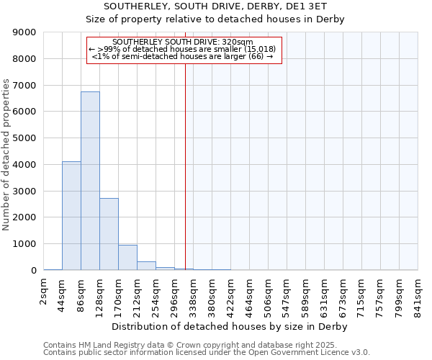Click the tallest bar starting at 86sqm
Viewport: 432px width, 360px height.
[x=90, y=181]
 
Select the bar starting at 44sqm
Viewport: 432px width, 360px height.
[x=71, y=216]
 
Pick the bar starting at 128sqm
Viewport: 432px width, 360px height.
[x=109, y=234]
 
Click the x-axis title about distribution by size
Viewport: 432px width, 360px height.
[x=230, y=326]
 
